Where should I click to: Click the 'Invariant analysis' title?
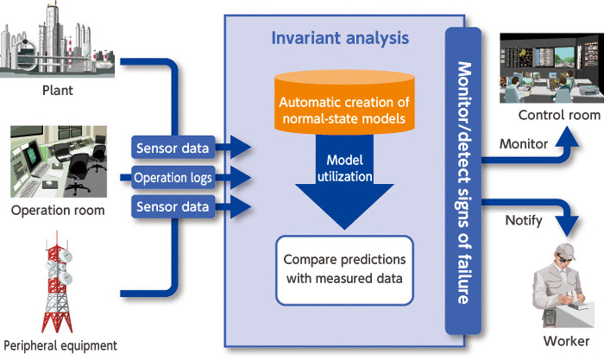(340, 38)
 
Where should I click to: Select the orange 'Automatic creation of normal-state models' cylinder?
(344, 102)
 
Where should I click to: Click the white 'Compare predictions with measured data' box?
(344, 270)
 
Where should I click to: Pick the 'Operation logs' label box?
(173, 178)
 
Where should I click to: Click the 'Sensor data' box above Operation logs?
(173, 148)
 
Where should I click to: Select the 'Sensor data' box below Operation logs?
(173, 206)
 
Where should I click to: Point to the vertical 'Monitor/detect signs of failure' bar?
(463, 181)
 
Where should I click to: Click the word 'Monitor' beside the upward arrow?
(524, 144)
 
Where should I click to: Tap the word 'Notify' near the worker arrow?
(524, 220)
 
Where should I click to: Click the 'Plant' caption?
(58, 90)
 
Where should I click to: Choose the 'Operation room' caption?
(58, 211)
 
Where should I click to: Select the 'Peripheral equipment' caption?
(60, 345)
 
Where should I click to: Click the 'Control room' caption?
(559, 115)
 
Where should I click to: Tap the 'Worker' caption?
(566, 341)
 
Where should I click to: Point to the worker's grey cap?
(565, 250)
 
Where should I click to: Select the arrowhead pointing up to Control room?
(566, 136)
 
